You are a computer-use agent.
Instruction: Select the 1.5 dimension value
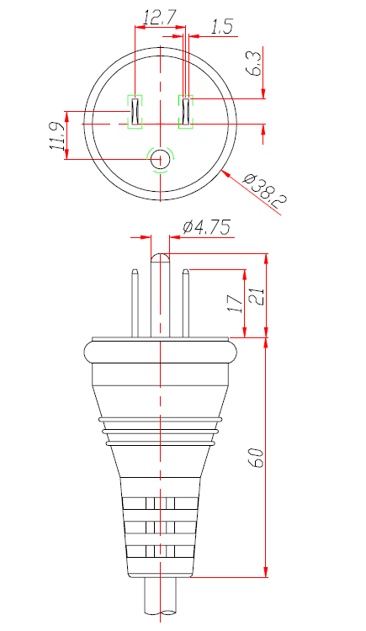(x=220, y=28)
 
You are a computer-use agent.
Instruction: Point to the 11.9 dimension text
(x=56, y=135)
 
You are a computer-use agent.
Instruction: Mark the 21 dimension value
(x=257, y=296)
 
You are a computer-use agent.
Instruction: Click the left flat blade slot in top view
(x=135, y=111)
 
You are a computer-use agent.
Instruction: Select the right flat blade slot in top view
(x=186, y=111)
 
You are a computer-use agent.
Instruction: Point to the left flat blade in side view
(x=135, y=303)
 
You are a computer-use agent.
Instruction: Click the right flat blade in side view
(x=186, y=303)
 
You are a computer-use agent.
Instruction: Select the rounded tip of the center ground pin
(x=160, y=257)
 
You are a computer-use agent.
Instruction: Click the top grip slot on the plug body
(x=160, y=504)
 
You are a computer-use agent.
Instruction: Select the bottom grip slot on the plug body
(x=160, y=551)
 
